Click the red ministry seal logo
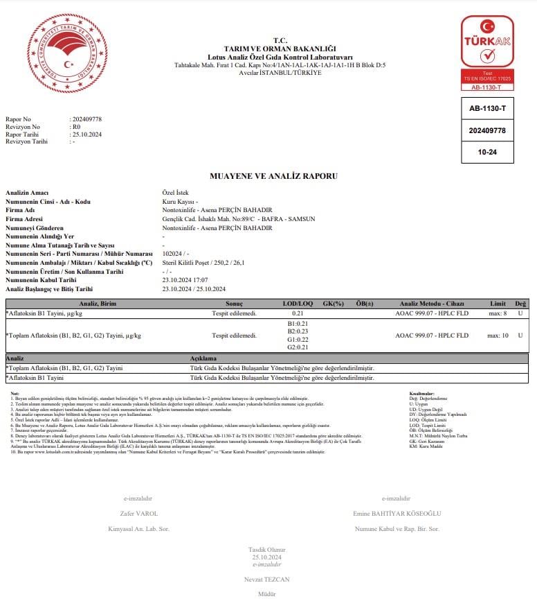[67, 53]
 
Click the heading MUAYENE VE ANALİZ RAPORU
[273, 176]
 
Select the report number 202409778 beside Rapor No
[87, 119]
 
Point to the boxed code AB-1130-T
[487, 110]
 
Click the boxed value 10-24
[487, 150]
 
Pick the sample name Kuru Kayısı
[178, 201]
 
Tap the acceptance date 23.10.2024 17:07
[183, 281]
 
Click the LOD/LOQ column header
[298, 304]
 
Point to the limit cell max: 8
[497, 314]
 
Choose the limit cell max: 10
[498, 336]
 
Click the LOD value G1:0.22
[298, 339]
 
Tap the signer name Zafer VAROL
[139, 514]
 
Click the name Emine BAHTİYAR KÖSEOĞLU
[397, 514]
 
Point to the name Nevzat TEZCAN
[267, 579]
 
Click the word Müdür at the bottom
[267, 594]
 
